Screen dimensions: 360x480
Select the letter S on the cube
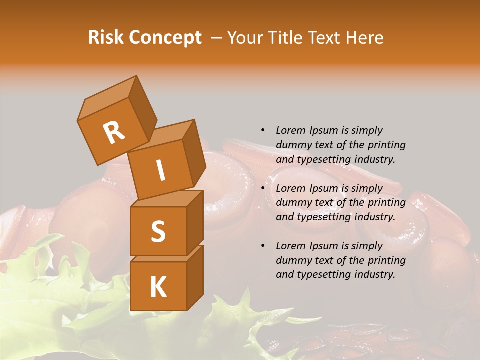(158, 232)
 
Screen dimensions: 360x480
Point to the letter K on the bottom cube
(158, 287)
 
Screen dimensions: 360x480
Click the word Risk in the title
(106, 38)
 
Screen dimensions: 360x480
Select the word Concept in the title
(166, 38)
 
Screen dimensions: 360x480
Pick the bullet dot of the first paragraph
(263, 130)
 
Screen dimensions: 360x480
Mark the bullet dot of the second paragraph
(263, 188)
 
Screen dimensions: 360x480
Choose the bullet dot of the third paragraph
(263, 246)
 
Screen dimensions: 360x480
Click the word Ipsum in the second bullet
(324, 188)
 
